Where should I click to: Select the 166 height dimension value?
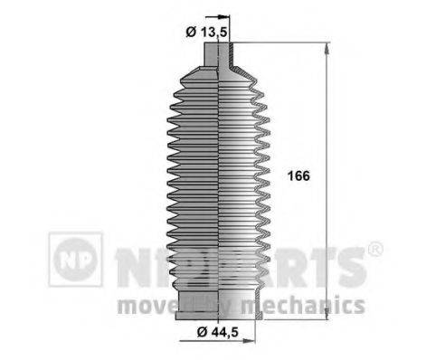[298, 176]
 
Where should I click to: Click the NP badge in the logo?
[75, 261]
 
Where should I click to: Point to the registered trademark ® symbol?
[375, 249]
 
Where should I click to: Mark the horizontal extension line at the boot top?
[280, 42]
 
